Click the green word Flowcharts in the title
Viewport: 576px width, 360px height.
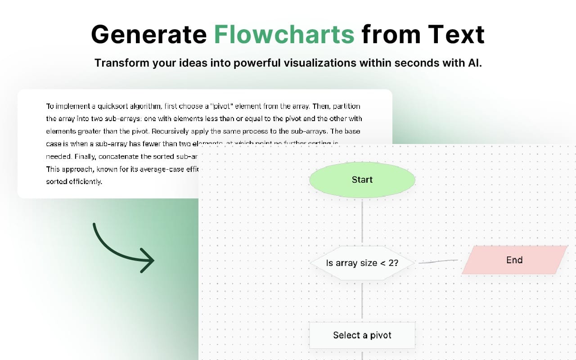pyautogui.click(x=284, y=34)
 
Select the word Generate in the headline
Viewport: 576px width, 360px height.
pyautogui.click(x=148, y=34)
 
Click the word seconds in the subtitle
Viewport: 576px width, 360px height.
pyautogui.click(x=414, y=63)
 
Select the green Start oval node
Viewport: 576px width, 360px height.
pyautogui.click(x=362, y=180)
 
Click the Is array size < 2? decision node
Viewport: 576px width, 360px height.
pyautogui.click(x=362, y=263)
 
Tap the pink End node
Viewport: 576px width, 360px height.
pyautogui.click(x=514, y=260)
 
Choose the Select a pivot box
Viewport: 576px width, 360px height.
pyautogui.click(x=362, y=335)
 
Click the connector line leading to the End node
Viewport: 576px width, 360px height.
pyautogui.click(x=438, y=261)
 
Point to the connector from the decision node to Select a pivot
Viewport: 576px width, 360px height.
pyautogui.click(x=362, y=301)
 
